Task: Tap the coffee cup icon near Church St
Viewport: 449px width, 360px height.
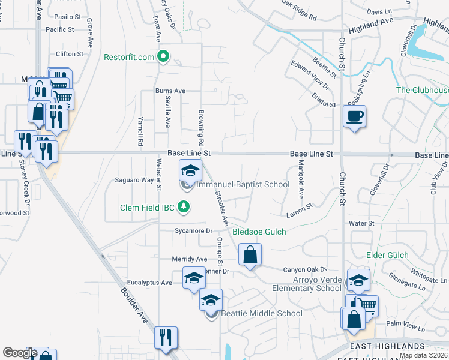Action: click(354, 115)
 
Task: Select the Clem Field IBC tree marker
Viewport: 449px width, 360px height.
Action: click(184, 208)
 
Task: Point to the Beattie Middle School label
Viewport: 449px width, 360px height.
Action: click(262, 313)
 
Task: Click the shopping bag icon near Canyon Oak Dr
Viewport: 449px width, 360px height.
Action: click(250, 254)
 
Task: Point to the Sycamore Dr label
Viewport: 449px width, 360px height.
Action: click(194, 230)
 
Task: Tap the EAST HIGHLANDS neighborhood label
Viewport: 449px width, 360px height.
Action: click(388, 346)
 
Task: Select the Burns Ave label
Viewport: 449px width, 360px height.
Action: click(170, 91)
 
